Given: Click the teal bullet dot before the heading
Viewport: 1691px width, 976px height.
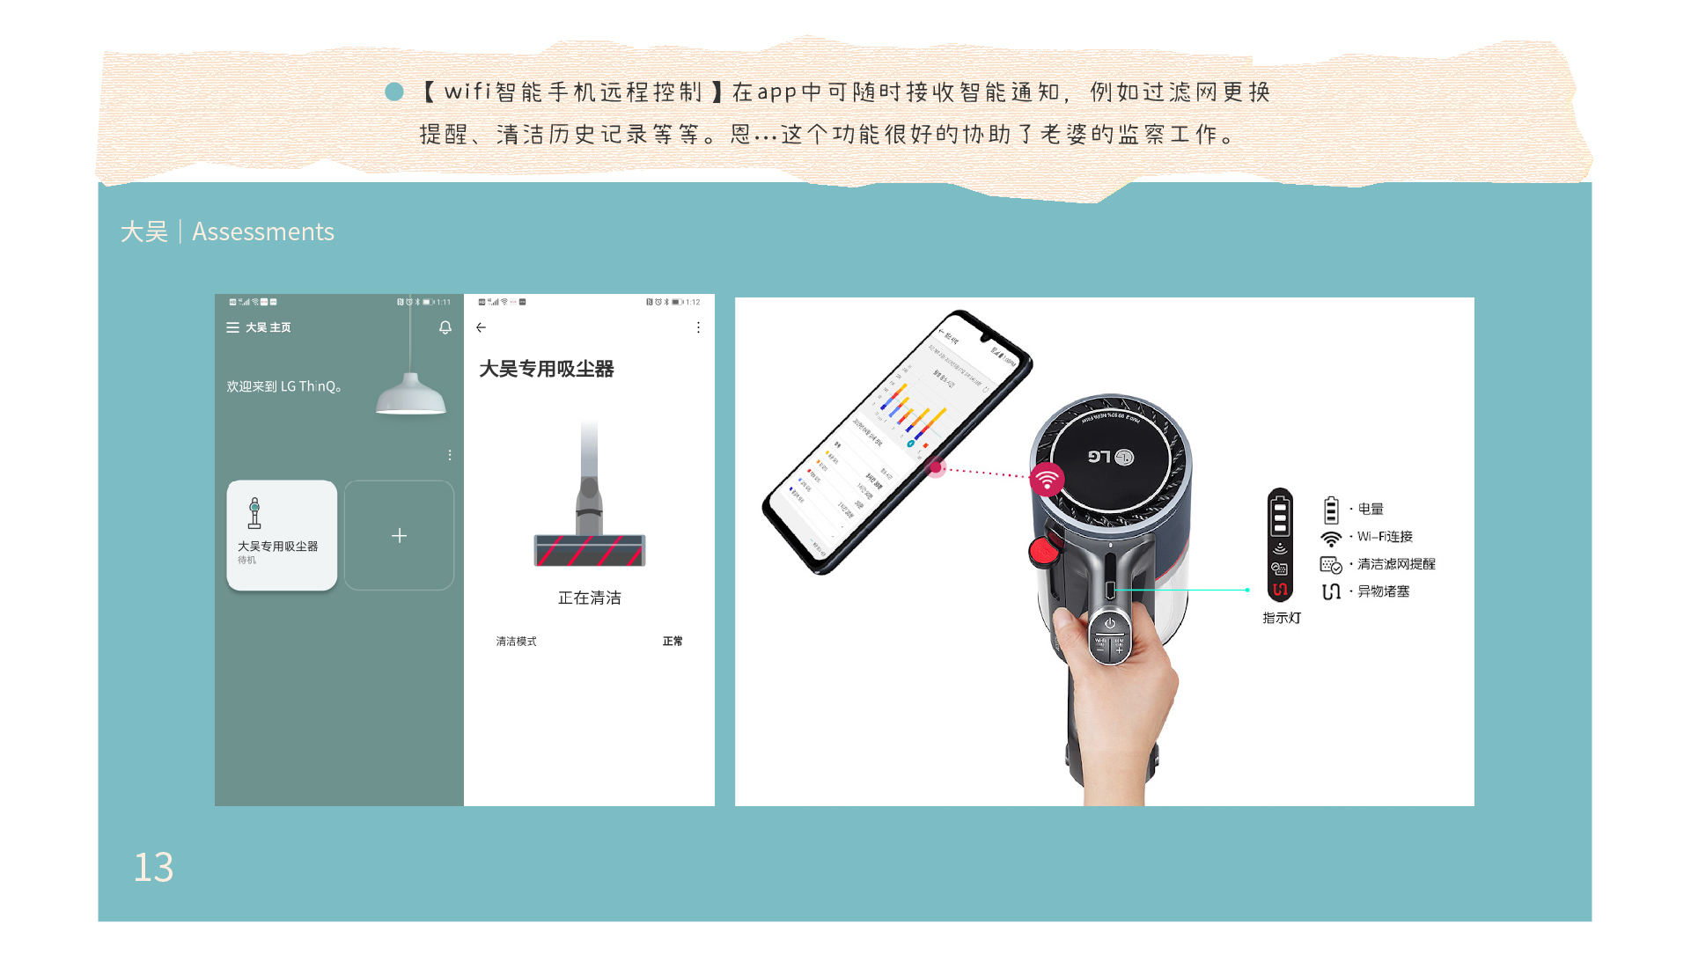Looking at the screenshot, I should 394,92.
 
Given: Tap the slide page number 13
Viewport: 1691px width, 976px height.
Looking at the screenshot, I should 153,867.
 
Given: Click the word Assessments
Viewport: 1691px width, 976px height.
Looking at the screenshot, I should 262,231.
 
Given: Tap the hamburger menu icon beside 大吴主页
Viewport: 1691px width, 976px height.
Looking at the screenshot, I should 232,327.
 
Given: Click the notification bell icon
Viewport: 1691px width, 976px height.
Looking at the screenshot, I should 445,327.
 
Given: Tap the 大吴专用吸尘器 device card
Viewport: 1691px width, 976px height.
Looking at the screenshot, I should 282,535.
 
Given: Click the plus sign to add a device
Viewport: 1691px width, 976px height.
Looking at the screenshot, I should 399,536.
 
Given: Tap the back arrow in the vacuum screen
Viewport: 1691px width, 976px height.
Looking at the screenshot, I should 481,327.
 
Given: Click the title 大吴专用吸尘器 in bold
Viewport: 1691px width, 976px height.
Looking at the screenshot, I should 546,369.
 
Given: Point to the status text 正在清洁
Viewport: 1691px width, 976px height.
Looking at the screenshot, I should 589,598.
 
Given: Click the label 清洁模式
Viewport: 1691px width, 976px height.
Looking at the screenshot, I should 516,642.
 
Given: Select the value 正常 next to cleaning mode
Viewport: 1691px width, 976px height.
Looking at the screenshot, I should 673,642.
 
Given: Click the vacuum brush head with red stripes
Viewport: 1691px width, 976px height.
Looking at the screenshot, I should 589,550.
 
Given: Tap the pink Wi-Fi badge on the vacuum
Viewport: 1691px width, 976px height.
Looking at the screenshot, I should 1047,480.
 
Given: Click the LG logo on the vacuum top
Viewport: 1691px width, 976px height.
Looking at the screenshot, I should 1110,457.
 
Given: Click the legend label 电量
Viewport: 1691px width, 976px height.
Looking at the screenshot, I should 1371,509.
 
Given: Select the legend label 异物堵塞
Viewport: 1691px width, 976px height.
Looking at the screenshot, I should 1383,591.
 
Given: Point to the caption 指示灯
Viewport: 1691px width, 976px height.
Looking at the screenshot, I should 1282,618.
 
